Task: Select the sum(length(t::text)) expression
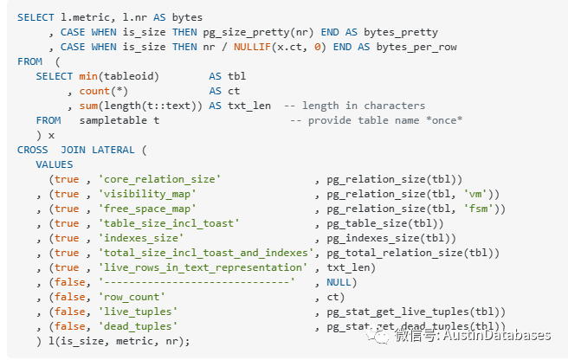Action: tap(139, 106)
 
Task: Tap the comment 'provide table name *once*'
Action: tap(376, 120)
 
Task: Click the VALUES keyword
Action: tap(55, 164)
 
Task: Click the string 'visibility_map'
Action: tap(146, 194)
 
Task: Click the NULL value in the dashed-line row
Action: tap(341, 282)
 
